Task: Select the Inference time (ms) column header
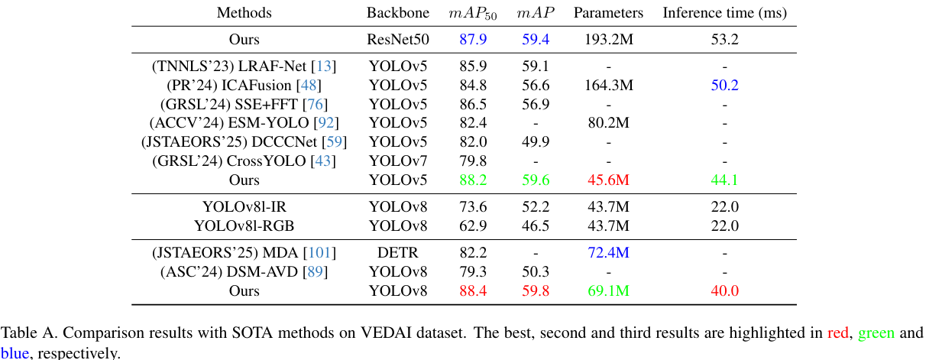tap(724, 13)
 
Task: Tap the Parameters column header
tap(608, 13)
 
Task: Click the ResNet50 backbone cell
tap(397, 39)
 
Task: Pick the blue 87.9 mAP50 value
tap(473, 39)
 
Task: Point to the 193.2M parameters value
tap(608, 39)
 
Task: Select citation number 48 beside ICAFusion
tap(311, 86)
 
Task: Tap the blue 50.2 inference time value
tap(724, 86)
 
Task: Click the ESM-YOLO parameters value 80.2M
tap(608, 123)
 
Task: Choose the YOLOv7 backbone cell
tap(397, 161)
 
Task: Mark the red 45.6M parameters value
tap(608, 180)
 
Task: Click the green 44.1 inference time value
tap(724, 180)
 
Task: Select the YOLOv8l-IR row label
tap(244, 207)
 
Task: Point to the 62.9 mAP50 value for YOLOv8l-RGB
tap(473, 226)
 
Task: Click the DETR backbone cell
tap(397, 253)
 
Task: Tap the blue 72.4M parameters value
tap(608, 253)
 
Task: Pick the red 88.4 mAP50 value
tap(473, 290)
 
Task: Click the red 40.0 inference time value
tap(724, 290)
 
